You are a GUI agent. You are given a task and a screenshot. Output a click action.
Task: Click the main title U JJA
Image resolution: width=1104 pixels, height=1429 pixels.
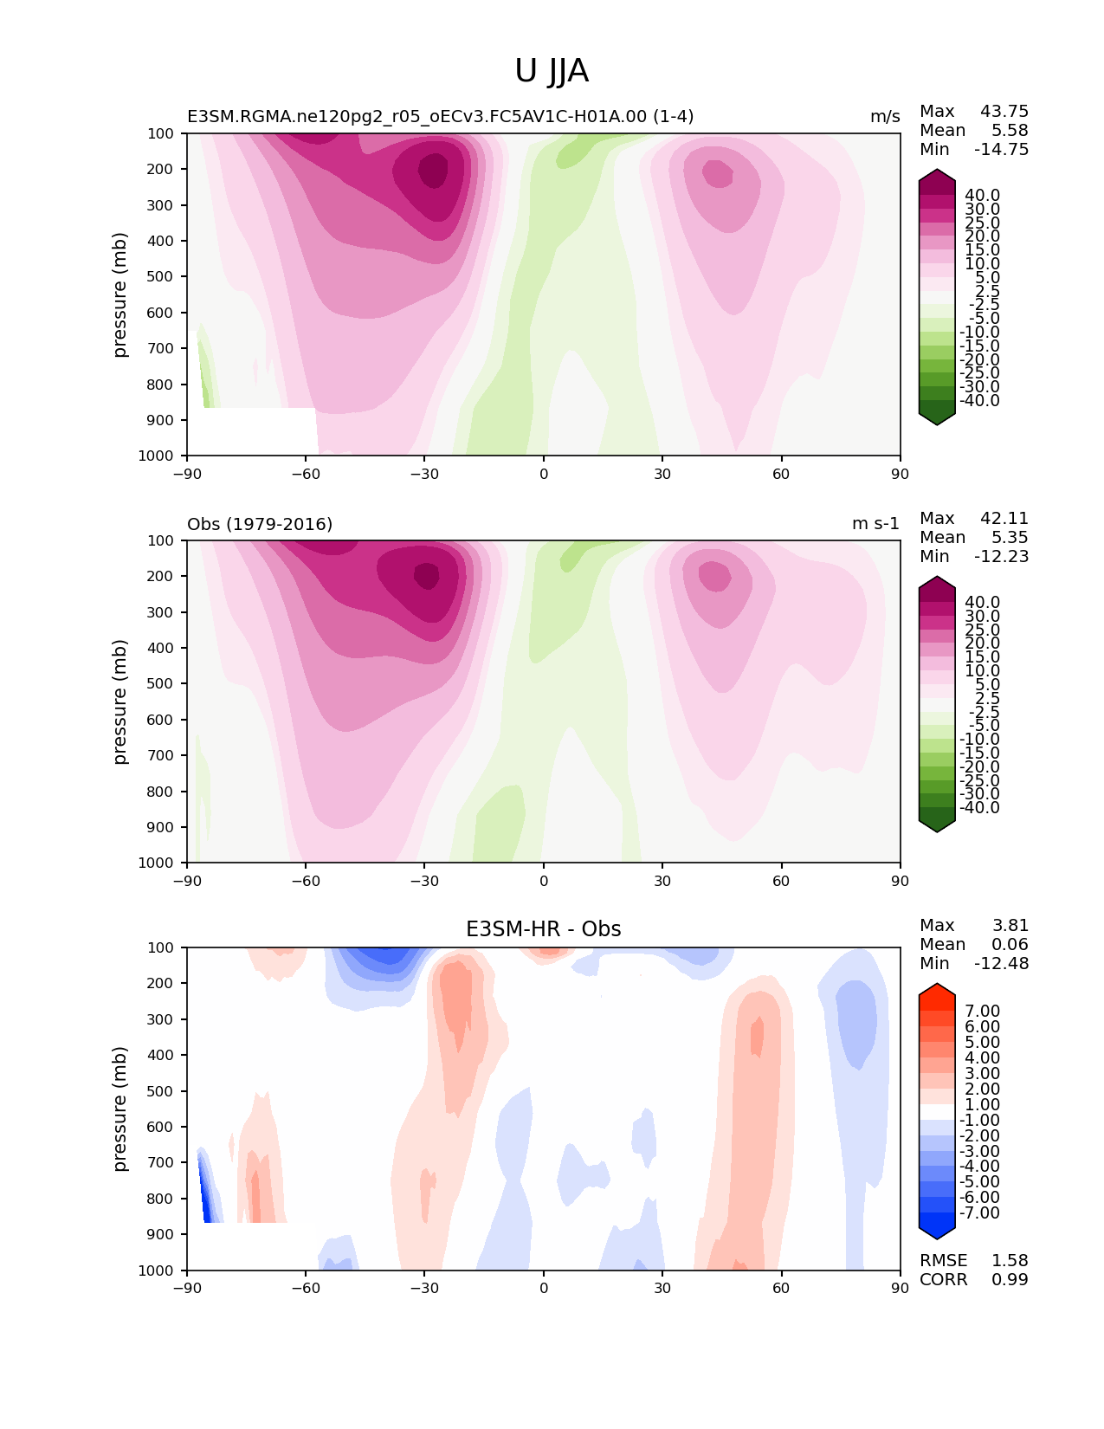(552, 71)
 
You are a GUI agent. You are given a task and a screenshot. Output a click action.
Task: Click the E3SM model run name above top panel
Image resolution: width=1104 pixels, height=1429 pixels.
(440, 117)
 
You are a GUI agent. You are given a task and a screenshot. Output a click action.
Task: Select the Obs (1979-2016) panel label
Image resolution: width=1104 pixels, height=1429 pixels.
(260, 524)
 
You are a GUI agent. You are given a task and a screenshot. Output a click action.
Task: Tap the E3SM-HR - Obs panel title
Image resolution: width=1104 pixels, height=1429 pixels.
(543, 929)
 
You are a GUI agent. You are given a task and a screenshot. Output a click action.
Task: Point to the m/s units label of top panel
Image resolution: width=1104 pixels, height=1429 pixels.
(885, 117)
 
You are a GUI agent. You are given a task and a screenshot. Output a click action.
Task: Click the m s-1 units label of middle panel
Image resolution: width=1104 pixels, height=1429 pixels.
(875, 524)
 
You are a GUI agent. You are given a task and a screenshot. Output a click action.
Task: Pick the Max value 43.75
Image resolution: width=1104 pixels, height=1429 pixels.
(1004, 112)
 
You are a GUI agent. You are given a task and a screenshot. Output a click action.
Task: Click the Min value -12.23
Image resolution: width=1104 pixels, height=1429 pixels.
(1002, 557)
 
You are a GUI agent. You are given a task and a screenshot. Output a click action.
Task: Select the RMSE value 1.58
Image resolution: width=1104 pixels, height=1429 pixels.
(1010, 1261)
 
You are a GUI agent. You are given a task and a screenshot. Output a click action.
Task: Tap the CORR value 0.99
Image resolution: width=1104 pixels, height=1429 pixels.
(1010, 1280)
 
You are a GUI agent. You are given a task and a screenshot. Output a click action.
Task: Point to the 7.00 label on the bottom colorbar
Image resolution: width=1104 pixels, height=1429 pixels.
(982, 1012)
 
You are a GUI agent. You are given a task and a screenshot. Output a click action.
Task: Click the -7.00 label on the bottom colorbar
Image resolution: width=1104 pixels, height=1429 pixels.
(979, 1213)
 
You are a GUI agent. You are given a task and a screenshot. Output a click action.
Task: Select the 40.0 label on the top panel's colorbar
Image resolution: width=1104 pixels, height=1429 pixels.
(982, 196)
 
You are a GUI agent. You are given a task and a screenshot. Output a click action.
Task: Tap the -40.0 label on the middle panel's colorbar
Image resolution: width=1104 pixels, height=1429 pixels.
(979, 808)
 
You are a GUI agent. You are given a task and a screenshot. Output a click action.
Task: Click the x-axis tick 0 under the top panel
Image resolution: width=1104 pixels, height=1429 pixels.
(544, 474)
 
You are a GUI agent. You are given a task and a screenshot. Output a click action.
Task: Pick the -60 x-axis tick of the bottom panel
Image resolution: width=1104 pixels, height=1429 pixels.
(306, 1288)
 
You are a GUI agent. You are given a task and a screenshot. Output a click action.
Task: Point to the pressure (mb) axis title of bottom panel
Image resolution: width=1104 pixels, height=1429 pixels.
(120, 1109)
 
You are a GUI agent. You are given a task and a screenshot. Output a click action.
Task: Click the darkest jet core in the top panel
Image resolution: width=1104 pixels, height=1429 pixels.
(434, 170)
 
